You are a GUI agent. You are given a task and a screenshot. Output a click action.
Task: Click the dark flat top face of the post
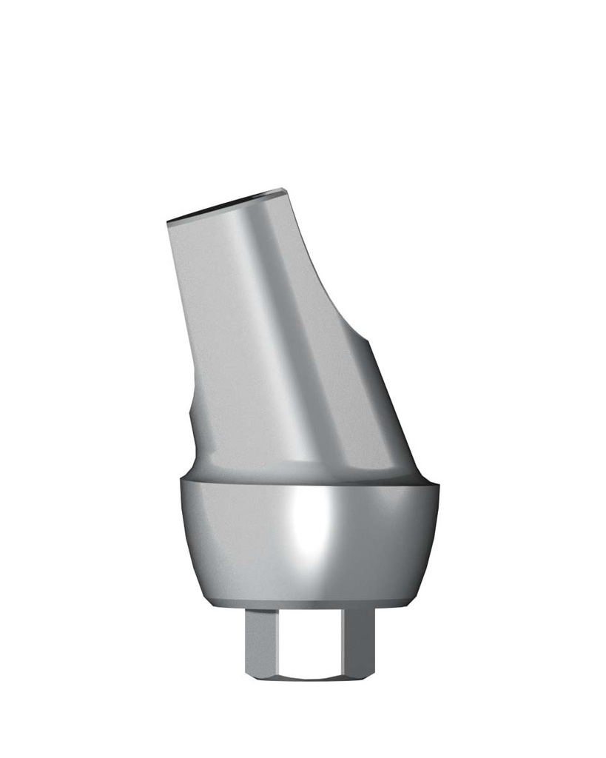226,204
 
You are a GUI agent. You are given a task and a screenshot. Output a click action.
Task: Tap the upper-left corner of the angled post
169,222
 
